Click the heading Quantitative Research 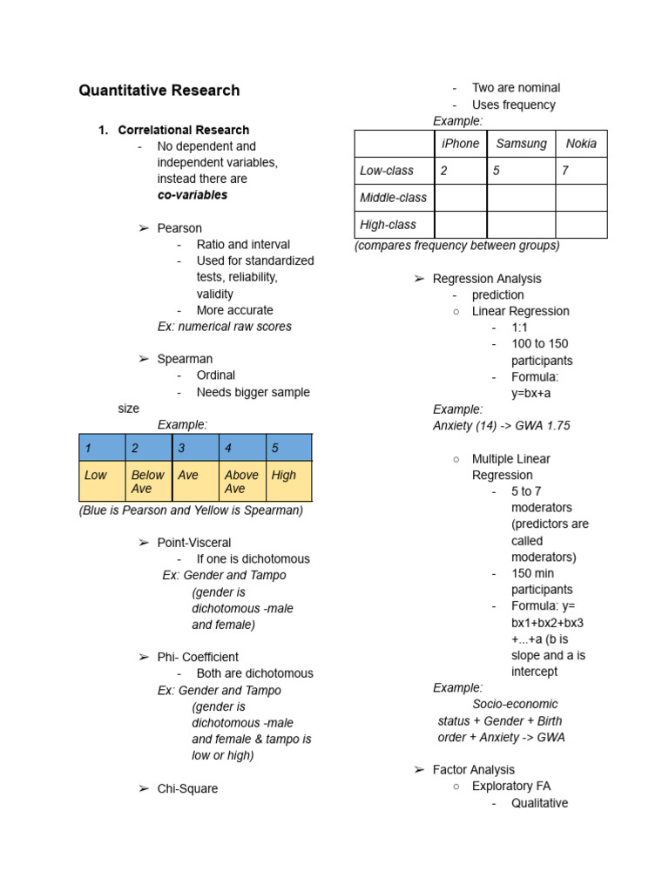point(159,91)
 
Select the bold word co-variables point(192,195)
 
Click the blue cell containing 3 point(195,449)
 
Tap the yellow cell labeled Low point(102,482)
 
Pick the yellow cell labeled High point(288,482)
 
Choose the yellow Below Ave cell point(148,482)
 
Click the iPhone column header point(460,144)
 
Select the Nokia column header point(581,144)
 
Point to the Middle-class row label point(393,198)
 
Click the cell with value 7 point(581,171)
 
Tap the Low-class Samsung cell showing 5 point(521,171)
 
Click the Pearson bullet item point(179,228)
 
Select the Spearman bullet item point(185,359)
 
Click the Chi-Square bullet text point(187,788)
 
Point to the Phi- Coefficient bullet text point(198,657)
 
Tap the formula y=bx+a point(530,393)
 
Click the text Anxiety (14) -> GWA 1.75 point(501,426)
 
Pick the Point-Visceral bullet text point(194,543)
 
